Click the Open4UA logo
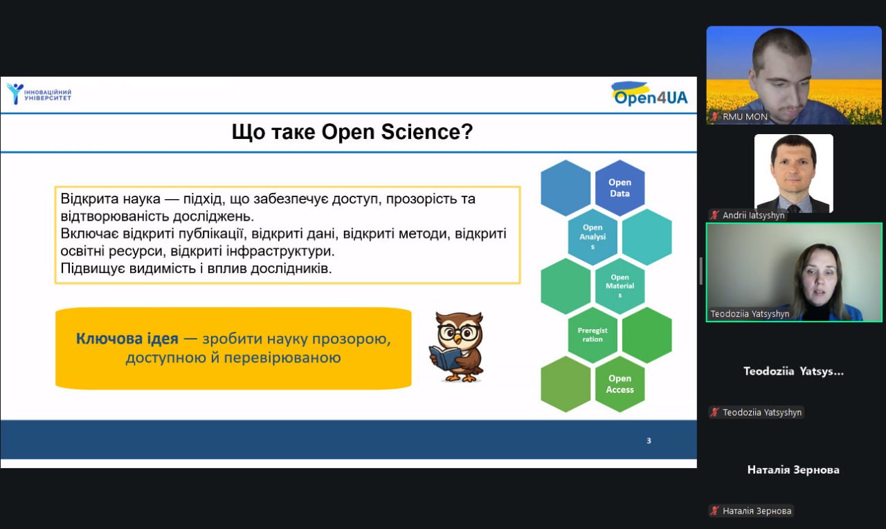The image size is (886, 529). [x=649, y=94]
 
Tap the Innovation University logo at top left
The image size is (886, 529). [x=39, y=94]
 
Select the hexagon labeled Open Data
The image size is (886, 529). [x=620, y=188]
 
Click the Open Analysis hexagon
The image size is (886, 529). [x=593, y=237]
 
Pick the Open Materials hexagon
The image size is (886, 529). [x=620, y=286]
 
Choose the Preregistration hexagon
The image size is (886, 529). [x=593, y=335]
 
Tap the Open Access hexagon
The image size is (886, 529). [x=620, y=384]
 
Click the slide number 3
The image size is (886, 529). [x=649, y=440]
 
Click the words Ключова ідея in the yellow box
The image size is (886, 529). [x=127, y=339]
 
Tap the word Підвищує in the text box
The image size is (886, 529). [x=93, y=268]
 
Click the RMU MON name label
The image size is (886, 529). [x=745, y=117]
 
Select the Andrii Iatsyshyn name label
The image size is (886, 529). [x=753, y=215]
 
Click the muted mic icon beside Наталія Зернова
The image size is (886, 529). [x=714, y=510]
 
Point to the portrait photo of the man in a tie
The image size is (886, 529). [x=793, y=174]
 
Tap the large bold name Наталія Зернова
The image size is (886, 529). [x=793, y=470]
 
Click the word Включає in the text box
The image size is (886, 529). [x=89, y=234]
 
